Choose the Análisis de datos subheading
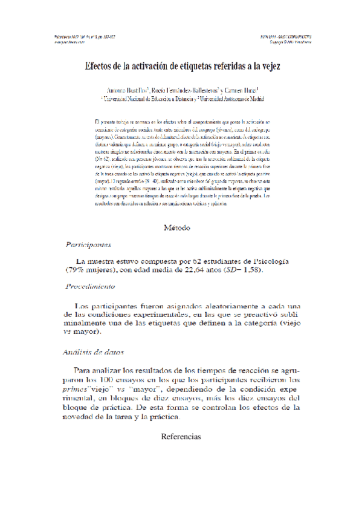click(x=94, y=352)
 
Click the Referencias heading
click(x=181, y=436)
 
